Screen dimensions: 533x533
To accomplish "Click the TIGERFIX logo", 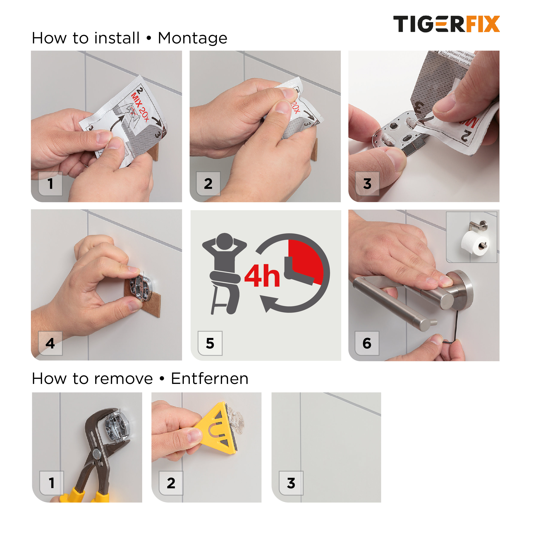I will (x=446, y=24).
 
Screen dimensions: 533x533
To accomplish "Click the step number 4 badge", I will (x=50, y=343).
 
